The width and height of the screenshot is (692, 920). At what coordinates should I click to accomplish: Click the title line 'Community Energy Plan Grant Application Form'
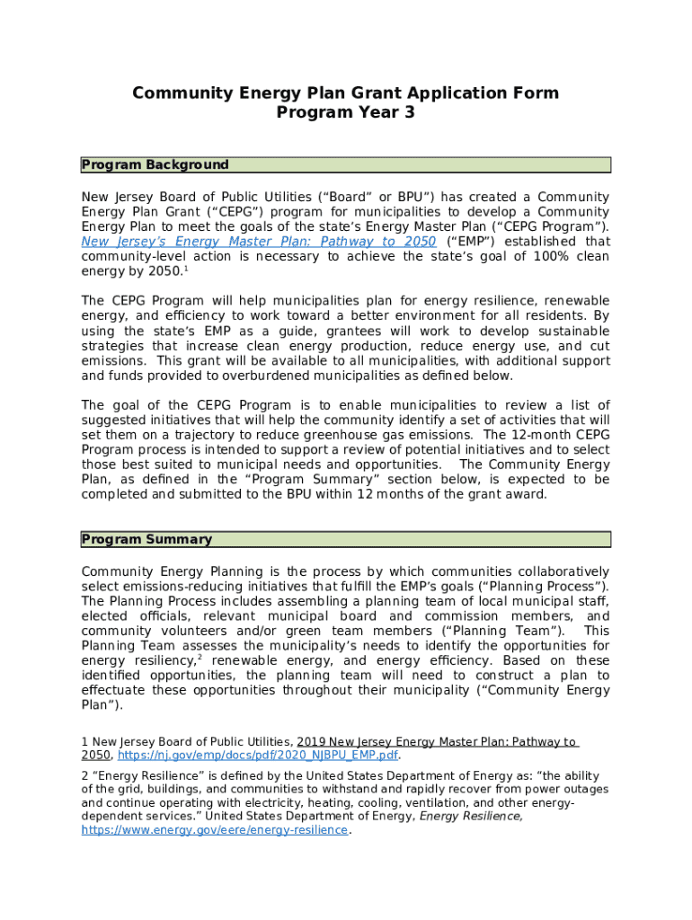click(345, 93)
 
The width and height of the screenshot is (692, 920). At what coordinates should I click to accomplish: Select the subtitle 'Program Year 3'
click(345, 113)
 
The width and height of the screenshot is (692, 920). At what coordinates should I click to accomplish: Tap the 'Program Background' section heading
click(155, 165)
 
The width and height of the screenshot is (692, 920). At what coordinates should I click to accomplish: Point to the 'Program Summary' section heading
click(147, 540)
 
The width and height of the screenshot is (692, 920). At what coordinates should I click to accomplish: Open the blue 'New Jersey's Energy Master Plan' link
click(259, 242)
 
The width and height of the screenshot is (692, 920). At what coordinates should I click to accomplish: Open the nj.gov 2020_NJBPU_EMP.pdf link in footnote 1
click(258, 756)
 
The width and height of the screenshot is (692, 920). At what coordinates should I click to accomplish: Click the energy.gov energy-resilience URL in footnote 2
click(214, 831)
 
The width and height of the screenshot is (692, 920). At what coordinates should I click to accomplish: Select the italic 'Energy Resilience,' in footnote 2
click(471, 816)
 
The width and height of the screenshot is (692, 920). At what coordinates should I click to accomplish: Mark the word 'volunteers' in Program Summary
click(182, 631)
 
